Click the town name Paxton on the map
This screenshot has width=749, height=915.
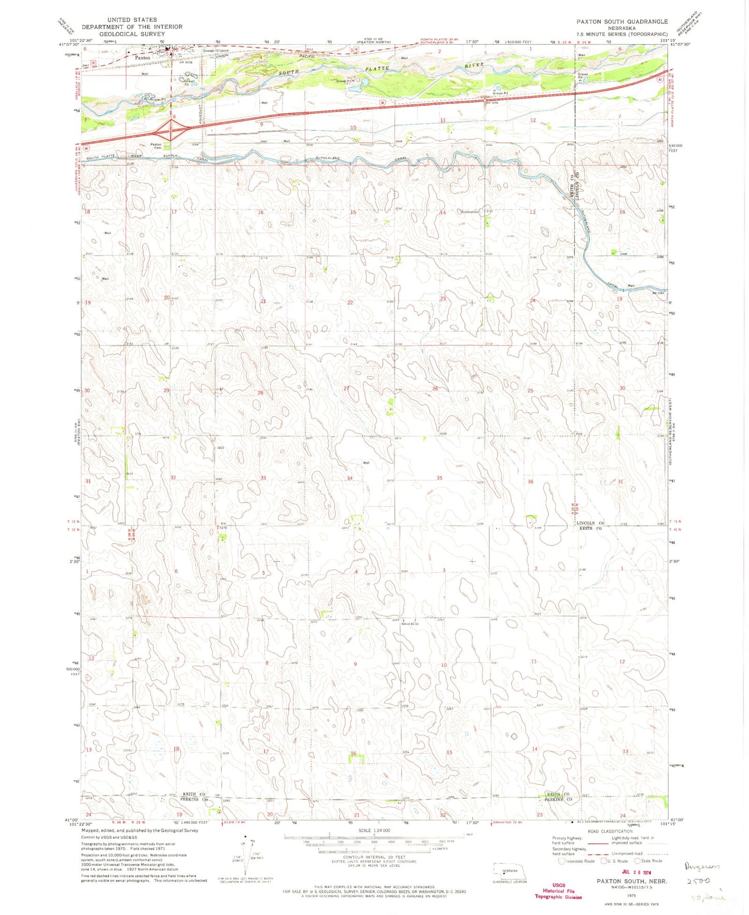[x=142, y=58]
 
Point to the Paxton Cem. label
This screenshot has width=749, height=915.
[x=156, y=146]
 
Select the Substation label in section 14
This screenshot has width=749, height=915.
[x=470, y=212]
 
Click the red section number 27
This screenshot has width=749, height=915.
[x=346, y=388]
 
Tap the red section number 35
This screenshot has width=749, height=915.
[x=439, y=478]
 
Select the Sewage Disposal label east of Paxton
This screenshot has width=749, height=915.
[x=216, y=51]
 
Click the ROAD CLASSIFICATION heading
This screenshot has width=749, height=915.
[x=610, y=831]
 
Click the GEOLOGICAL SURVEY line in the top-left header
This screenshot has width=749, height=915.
[x=132, y=34]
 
